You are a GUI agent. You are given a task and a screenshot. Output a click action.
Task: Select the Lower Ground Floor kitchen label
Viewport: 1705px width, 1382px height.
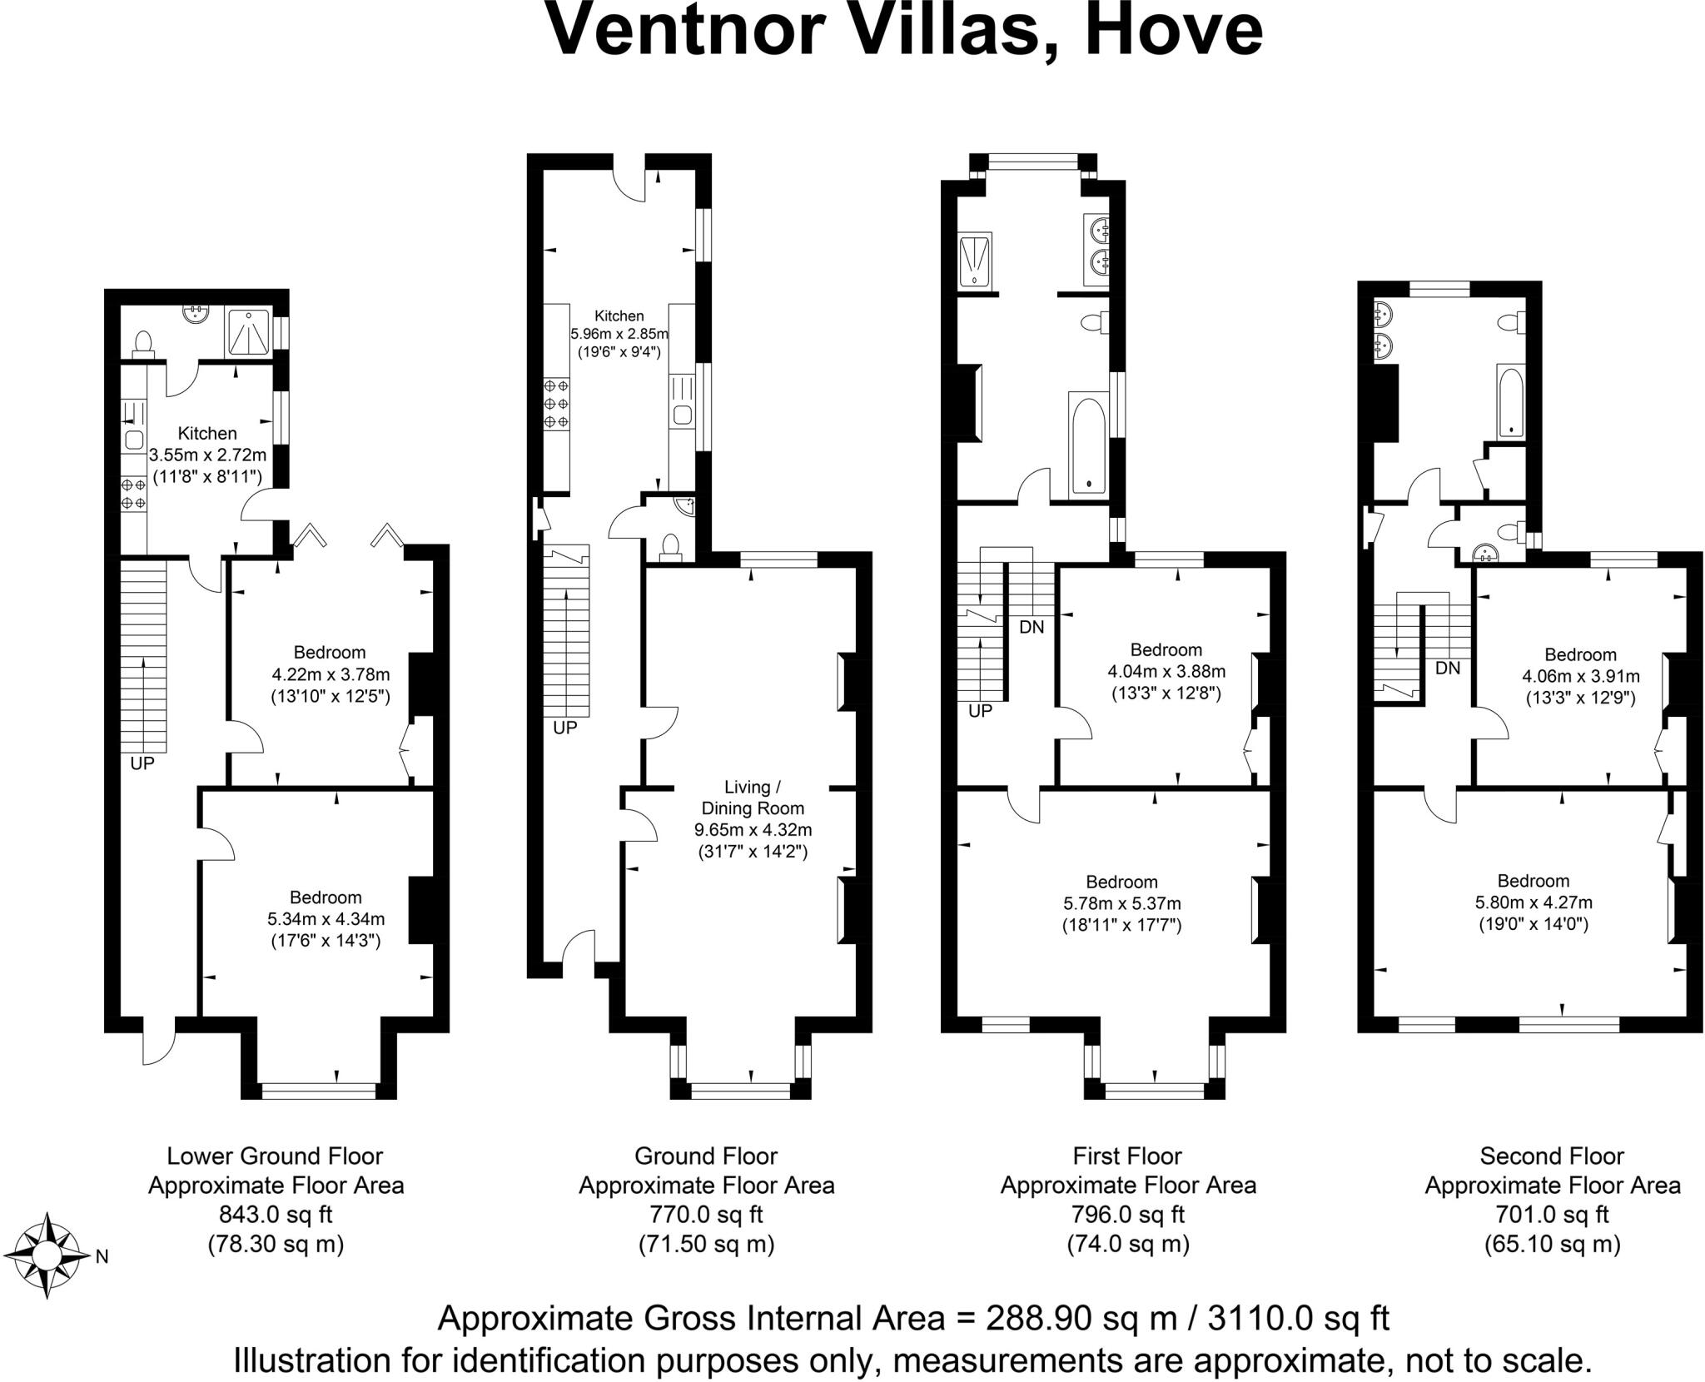click(207, 434)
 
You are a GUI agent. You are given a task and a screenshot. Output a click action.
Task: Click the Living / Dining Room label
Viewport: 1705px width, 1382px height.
click(753, 798)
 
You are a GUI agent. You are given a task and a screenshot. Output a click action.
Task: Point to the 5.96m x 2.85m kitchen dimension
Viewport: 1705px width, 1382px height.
click(619, 334)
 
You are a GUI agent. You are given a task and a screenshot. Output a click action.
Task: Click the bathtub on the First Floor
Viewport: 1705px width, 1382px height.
click(1088, 445)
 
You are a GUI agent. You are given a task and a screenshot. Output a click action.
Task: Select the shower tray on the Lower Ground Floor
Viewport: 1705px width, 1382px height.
click(248, 333)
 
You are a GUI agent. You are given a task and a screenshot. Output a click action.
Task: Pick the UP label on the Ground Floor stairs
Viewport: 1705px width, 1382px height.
click(565, 728)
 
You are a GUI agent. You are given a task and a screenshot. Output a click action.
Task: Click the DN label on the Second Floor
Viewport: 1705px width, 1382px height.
click(1448, 668)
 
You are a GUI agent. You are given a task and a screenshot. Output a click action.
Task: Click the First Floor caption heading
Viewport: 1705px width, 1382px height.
click(1127, 1156)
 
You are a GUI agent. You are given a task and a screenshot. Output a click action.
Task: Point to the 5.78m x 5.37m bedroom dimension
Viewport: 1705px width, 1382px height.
click(1122, 903)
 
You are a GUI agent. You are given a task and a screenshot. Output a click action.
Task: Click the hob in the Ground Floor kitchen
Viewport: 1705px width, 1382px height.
click(557, 405)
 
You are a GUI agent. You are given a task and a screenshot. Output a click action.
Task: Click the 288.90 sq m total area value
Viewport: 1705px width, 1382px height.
click(1081, 1319)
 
